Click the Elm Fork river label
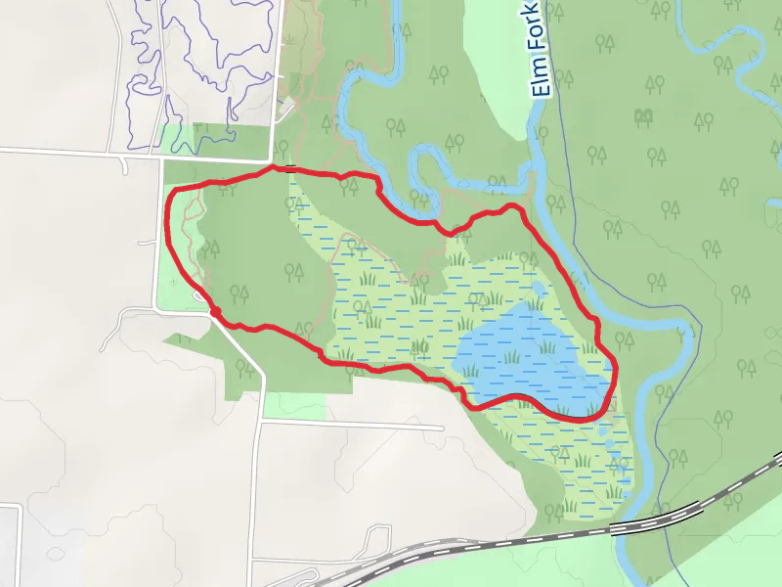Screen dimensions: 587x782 click(x=541, y=61)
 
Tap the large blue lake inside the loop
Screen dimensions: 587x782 click(x=528, y=357)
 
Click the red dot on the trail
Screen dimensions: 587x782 click(x=214, y=312)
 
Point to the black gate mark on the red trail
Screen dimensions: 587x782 click(x=290, y=169)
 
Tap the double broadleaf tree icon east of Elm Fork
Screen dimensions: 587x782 click(x=643, y=118)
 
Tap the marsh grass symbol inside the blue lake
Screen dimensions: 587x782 click(x=511, y=356)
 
